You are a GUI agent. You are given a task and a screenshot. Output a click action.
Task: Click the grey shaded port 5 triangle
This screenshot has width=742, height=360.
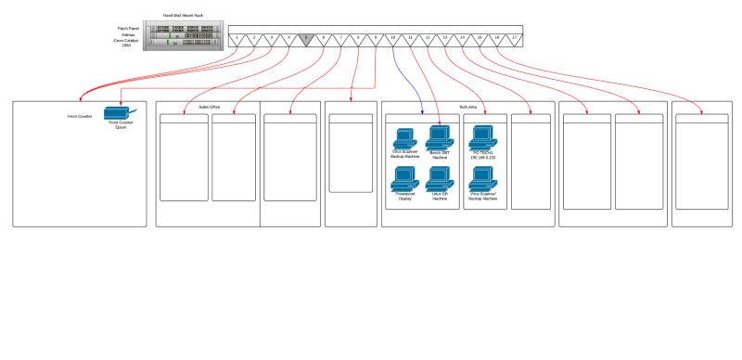306,39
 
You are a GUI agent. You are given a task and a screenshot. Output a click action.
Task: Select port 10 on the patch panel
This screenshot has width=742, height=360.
393,39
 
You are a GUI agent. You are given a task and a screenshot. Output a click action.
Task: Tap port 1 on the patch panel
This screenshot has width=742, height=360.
237,39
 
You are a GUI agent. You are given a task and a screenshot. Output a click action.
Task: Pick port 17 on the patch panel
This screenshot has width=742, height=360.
514,39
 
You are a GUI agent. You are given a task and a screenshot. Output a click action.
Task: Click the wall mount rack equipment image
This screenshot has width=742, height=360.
185,35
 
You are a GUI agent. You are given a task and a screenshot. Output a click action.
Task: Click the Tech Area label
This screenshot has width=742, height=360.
468,108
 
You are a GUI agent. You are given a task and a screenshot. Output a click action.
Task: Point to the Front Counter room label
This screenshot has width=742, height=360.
80,117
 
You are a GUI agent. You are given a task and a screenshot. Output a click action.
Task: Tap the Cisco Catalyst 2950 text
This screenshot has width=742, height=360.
122,43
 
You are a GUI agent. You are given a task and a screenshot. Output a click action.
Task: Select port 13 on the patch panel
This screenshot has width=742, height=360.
445,39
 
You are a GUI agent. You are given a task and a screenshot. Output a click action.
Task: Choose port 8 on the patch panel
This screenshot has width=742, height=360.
358,39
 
